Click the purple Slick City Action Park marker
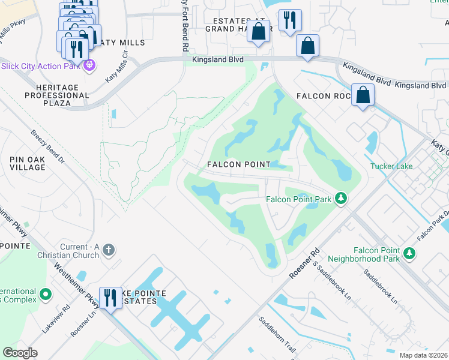[x=89, y=65]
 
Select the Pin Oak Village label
[x=28, y=163]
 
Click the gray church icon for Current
[x=109, y=249]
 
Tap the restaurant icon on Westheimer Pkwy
[x=110, y=298]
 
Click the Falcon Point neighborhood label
[x=238, y=164]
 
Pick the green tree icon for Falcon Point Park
[x=342, y=199]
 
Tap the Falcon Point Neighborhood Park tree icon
[x=410, y=253]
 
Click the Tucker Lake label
[x=390, y=166]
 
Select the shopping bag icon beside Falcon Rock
[x=363, y=95]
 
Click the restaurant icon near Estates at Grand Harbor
[x=290, y=22]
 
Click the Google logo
[x=19, y=353]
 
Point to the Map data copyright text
[x=423, y=355]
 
